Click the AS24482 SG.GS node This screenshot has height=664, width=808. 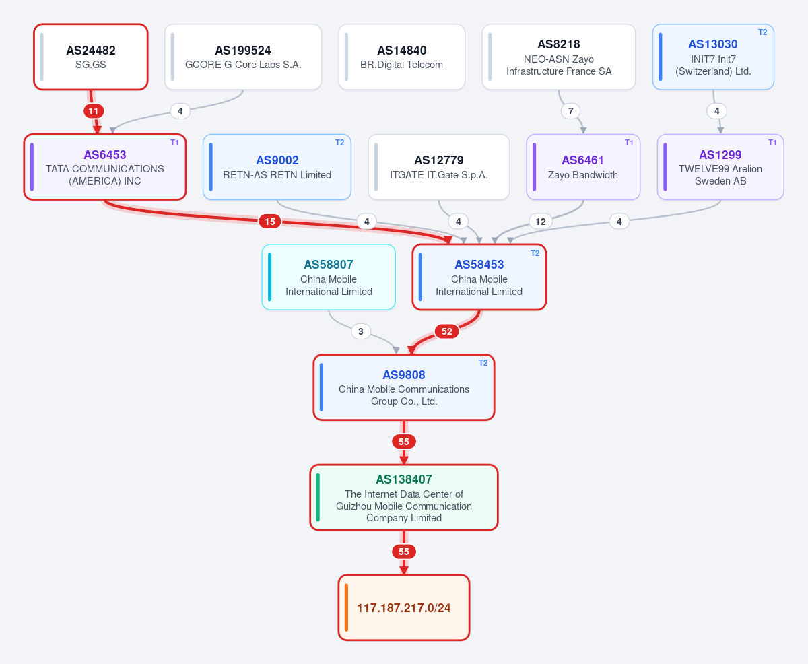(91, 57)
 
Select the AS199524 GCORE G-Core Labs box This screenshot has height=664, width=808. (243, 57)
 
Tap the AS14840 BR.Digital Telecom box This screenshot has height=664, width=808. (401, 57)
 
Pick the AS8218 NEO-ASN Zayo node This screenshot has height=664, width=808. (559, 57)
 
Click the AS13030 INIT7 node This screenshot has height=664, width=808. (713, 57)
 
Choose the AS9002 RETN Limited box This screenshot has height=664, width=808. (277, 167)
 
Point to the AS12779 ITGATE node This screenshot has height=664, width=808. (438, 167)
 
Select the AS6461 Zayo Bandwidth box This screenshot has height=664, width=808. (583, 167)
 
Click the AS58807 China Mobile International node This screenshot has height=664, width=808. (329, 277)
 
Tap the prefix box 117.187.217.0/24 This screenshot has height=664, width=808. (404, 607)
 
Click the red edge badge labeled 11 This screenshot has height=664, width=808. (94, 112)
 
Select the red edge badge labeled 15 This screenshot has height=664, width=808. (270, 222)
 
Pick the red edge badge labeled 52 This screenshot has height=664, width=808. (446, 331)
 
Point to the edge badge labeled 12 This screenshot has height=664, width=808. (540, 222)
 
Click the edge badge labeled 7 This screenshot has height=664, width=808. (570, 112)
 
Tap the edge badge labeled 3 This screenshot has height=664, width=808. (360, 331)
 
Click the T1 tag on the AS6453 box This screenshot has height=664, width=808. (174, 143)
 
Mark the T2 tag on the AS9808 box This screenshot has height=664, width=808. (483, 363)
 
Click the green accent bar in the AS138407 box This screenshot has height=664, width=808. (318, 498)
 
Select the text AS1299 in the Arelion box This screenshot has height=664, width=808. (720, 155)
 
